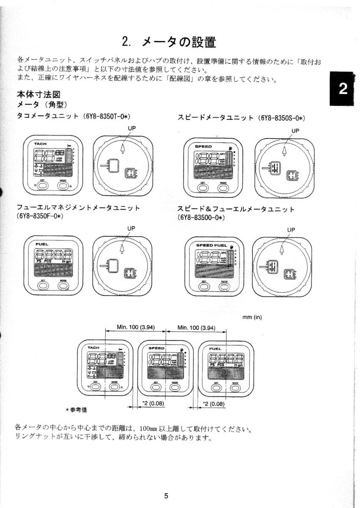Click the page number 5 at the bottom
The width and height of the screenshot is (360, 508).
pyautogui.click(x=166, y=496)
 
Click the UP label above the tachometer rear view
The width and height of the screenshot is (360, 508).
pyautogui.click(x=132, y=128)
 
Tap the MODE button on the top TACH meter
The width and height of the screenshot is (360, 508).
pyautogui.click(x=63, y=185)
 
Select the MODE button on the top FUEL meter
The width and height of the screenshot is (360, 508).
pyautogui.click(x=63, y=285)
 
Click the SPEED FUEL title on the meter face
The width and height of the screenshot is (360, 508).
pyautogui.click(x=212, y=245)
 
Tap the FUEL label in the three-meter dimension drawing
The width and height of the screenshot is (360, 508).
pyautogui.click(x=215, y=349)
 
